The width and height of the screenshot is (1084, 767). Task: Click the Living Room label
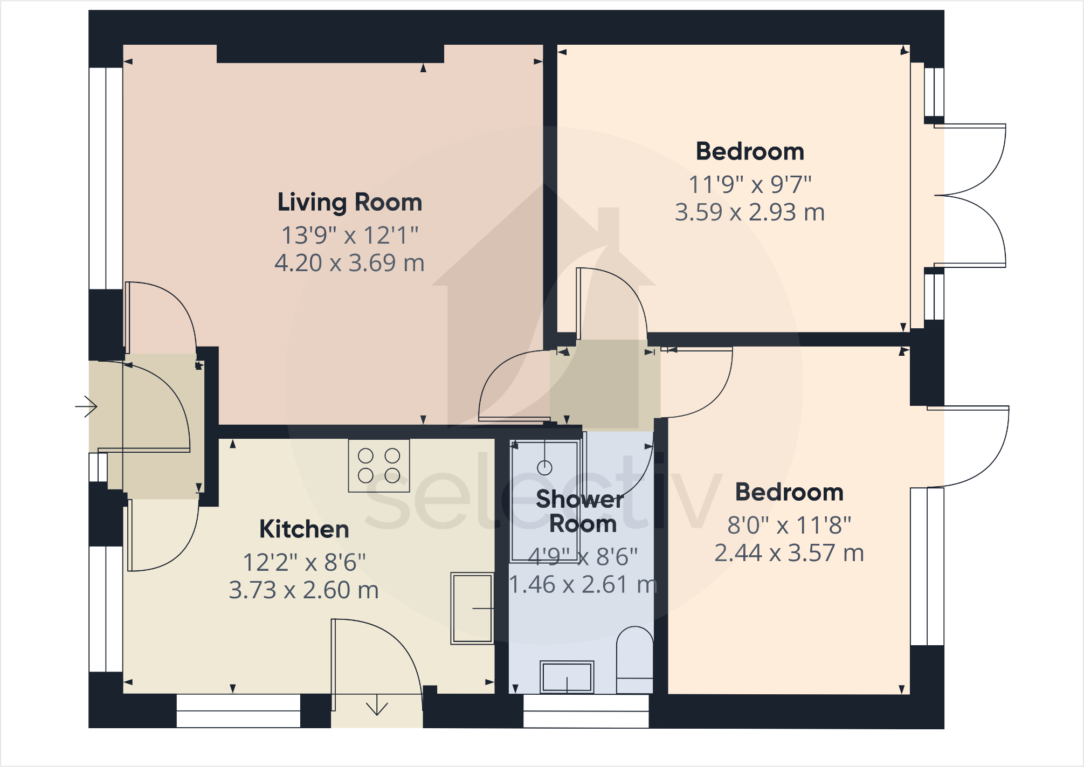[349, 203]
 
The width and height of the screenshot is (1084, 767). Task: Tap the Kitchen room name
[304, 529]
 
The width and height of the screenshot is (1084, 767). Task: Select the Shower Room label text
[581, 512]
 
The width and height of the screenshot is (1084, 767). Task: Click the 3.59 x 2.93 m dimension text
[749, 212]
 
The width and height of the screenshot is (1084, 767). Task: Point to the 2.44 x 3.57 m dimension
[789, 553]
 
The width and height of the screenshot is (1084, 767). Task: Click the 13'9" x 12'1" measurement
[349, 236]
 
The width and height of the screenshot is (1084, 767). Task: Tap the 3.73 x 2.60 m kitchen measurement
[303, 590]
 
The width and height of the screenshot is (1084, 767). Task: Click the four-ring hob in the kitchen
[379, 466]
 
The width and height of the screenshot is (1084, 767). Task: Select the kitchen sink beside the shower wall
[472, 608]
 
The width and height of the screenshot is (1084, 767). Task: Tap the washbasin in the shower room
[567, 677]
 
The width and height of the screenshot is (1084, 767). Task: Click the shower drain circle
[544, 467]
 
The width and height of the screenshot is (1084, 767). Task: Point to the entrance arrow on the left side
[86, 406]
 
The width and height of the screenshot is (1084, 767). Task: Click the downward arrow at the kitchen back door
[377, 707]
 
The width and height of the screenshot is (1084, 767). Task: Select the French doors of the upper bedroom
[970, 196]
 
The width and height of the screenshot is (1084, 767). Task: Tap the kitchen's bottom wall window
[238, 711]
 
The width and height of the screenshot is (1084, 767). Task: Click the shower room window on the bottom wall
[586, 711]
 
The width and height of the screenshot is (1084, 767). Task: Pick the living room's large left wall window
[106, 178]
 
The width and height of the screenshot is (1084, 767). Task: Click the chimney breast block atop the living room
[330, 53]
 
